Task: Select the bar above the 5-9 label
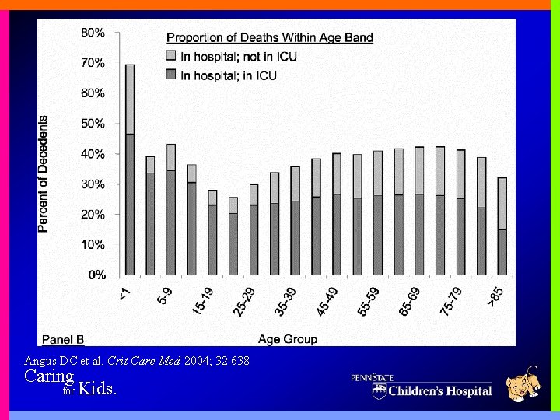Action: (x=171, y=210)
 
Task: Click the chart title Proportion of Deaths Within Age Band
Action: (x=270, y=37)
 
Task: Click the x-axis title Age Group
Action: (x=289, y=338)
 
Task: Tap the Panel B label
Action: (x=63, y=338)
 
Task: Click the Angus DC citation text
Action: (x=137, y=361)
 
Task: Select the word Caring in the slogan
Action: (x=49, y=376)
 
